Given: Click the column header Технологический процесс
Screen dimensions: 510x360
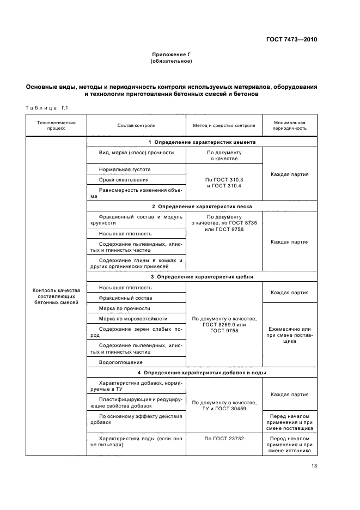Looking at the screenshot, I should (56, 125).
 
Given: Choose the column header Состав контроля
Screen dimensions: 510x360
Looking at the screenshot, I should (136, 125).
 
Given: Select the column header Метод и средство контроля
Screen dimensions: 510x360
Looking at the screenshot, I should (224, 125).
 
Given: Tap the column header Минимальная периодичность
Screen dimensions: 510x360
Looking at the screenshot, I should (289, 125).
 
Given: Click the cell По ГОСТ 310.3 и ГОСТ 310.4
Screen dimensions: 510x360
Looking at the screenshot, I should (224, 183).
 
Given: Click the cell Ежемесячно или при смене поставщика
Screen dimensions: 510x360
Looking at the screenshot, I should (289, 335).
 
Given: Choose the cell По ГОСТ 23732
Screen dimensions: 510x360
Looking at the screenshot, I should (224, 438).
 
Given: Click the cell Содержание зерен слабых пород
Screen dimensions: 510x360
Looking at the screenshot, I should (136, 332).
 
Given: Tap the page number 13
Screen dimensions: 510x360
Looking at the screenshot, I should (314, 465).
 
